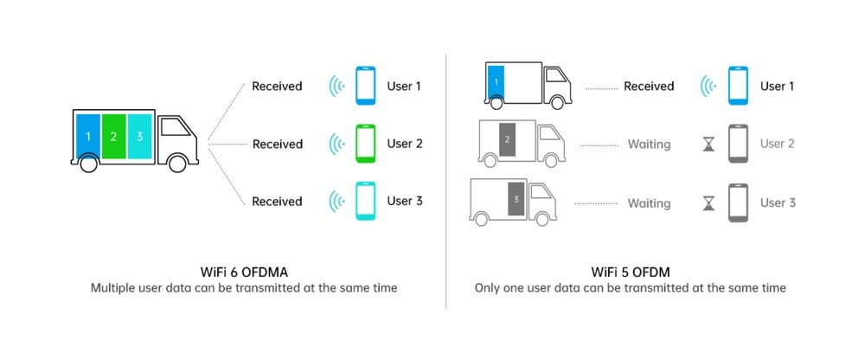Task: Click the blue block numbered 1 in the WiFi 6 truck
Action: pyautogui.click(x=88, y=137)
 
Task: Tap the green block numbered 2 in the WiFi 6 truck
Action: pyautogui.click(x=113, y=137)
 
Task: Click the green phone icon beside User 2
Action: pyautogui.click(x=366, y=144)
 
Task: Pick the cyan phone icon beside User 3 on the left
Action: pyautogui.click(x=366, y=202)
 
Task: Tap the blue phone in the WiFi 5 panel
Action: pyautogui.click(x=738, y=87)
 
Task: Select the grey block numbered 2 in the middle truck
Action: pyautogui.click(x=508, y=138)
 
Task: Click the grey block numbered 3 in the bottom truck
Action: pyautogui.click(x=516, y=198)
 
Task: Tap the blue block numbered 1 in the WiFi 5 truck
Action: pyautogui.click(x=496, y=82)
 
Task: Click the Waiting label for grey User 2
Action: pyautogui.click(x=649, y=145)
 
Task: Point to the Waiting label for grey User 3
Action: pyautogui.click(x=649, y=203)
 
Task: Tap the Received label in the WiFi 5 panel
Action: pyautogui.click(x=649, y=87)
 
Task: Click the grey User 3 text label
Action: pyautogui.click(x=778, y=202)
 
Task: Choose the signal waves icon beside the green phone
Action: pyautogui.click(x=336, y=144)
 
